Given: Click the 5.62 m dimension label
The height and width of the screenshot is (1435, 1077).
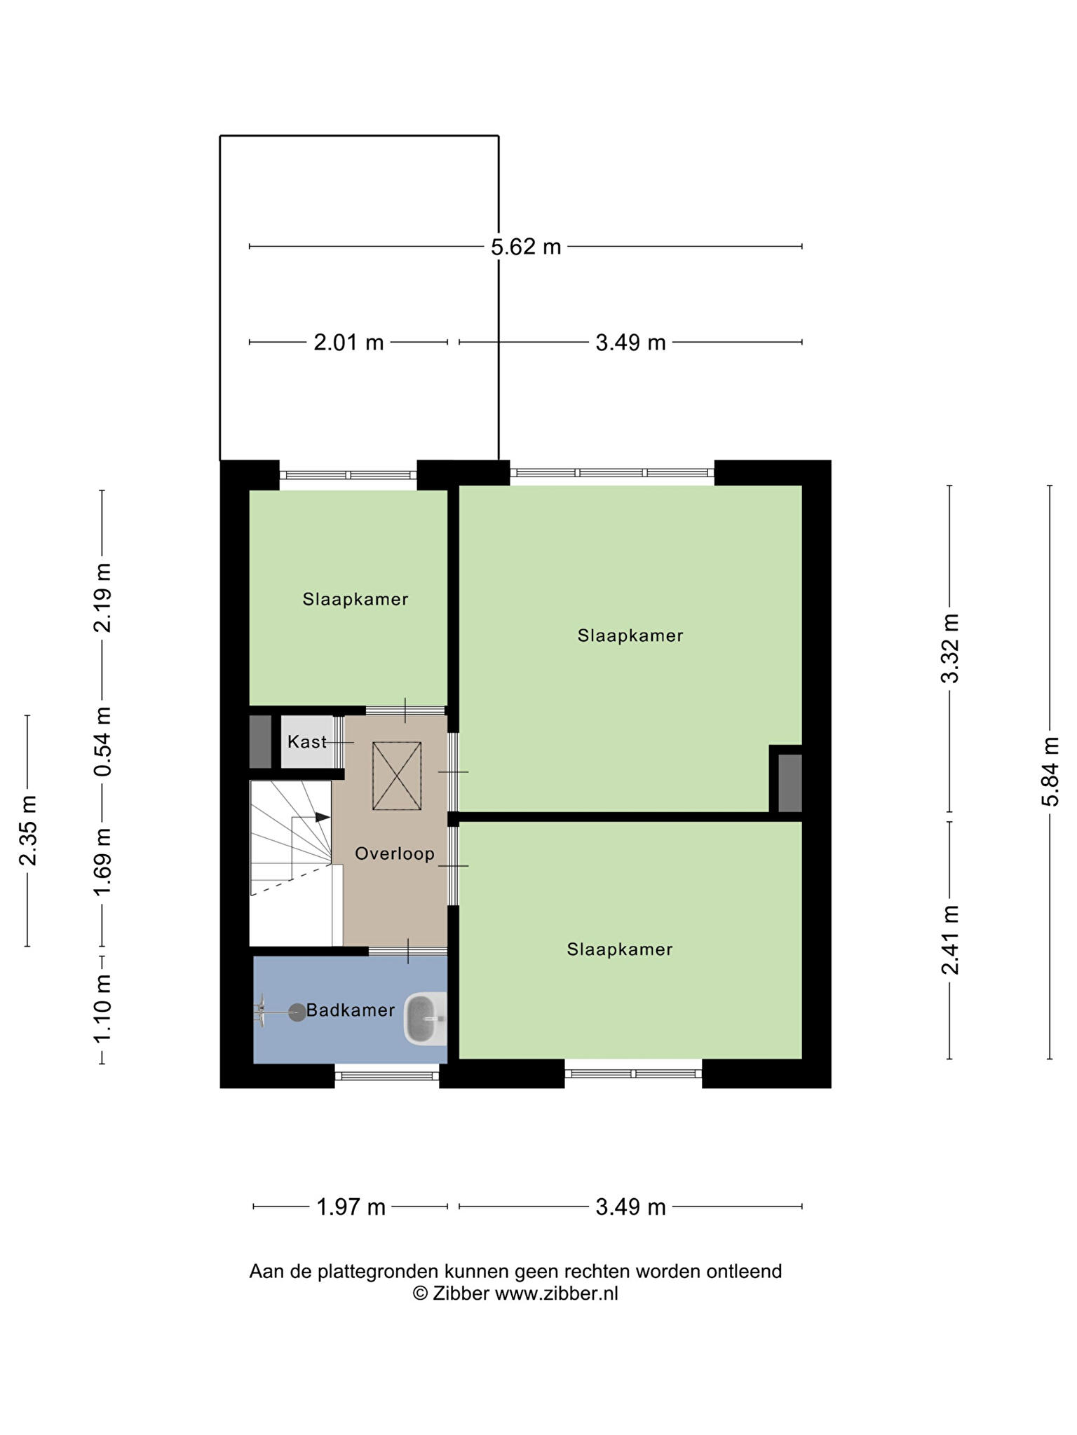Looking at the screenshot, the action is [526, 247].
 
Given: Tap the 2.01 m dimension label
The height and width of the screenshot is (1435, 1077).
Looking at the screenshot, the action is [348, 343].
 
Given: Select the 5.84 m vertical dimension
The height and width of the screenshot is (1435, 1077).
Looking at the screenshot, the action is [1050, 771].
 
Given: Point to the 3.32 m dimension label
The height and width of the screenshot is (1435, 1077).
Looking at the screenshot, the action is [950, 647].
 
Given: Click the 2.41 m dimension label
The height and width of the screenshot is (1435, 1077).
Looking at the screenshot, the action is [950, 940].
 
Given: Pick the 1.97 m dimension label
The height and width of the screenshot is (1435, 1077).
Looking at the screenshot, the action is [351, 1207].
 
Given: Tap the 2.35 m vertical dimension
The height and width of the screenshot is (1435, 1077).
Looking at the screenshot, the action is [28, 830].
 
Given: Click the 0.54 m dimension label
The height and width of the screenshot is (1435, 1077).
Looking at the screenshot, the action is [103, 741].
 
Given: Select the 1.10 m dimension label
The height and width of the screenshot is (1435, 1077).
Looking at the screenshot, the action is [103, 1009].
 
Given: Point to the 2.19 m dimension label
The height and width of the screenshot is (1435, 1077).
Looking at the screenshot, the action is [103, 597].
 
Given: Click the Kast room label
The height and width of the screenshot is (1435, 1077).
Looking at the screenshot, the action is [307, 741].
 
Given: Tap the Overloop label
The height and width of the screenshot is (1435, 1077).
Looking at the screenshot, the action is [395, 854].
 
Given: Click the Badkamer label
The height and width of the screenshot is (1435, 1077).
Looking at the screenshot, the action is [351, 1010].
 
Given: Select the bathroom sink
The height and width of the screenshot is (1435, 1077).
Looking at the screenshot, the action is [426, 1019].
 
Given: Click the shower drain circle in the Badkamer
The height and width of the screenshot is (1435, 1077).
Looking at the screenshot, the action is [297, 1012].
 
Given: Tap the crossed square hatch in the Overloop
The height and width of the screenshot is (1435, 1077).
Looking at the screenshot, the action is [397, 776].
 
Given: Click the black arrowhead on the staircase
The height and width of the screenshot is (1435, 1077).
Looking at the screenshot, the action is [323, 817].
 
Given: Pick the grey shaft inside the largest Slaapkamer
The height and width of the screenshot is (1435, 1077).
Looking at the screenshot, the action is [790, 783].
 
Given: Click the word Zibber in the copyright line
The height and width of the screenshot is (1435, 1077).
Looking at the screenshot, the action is [461, 1293].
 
